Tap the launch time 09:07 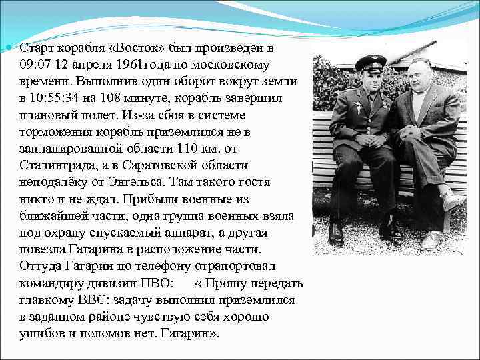pyautogui.click(x=35, y=65)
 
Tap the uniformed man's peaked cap pyautogui.click(x=370, y=62)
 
